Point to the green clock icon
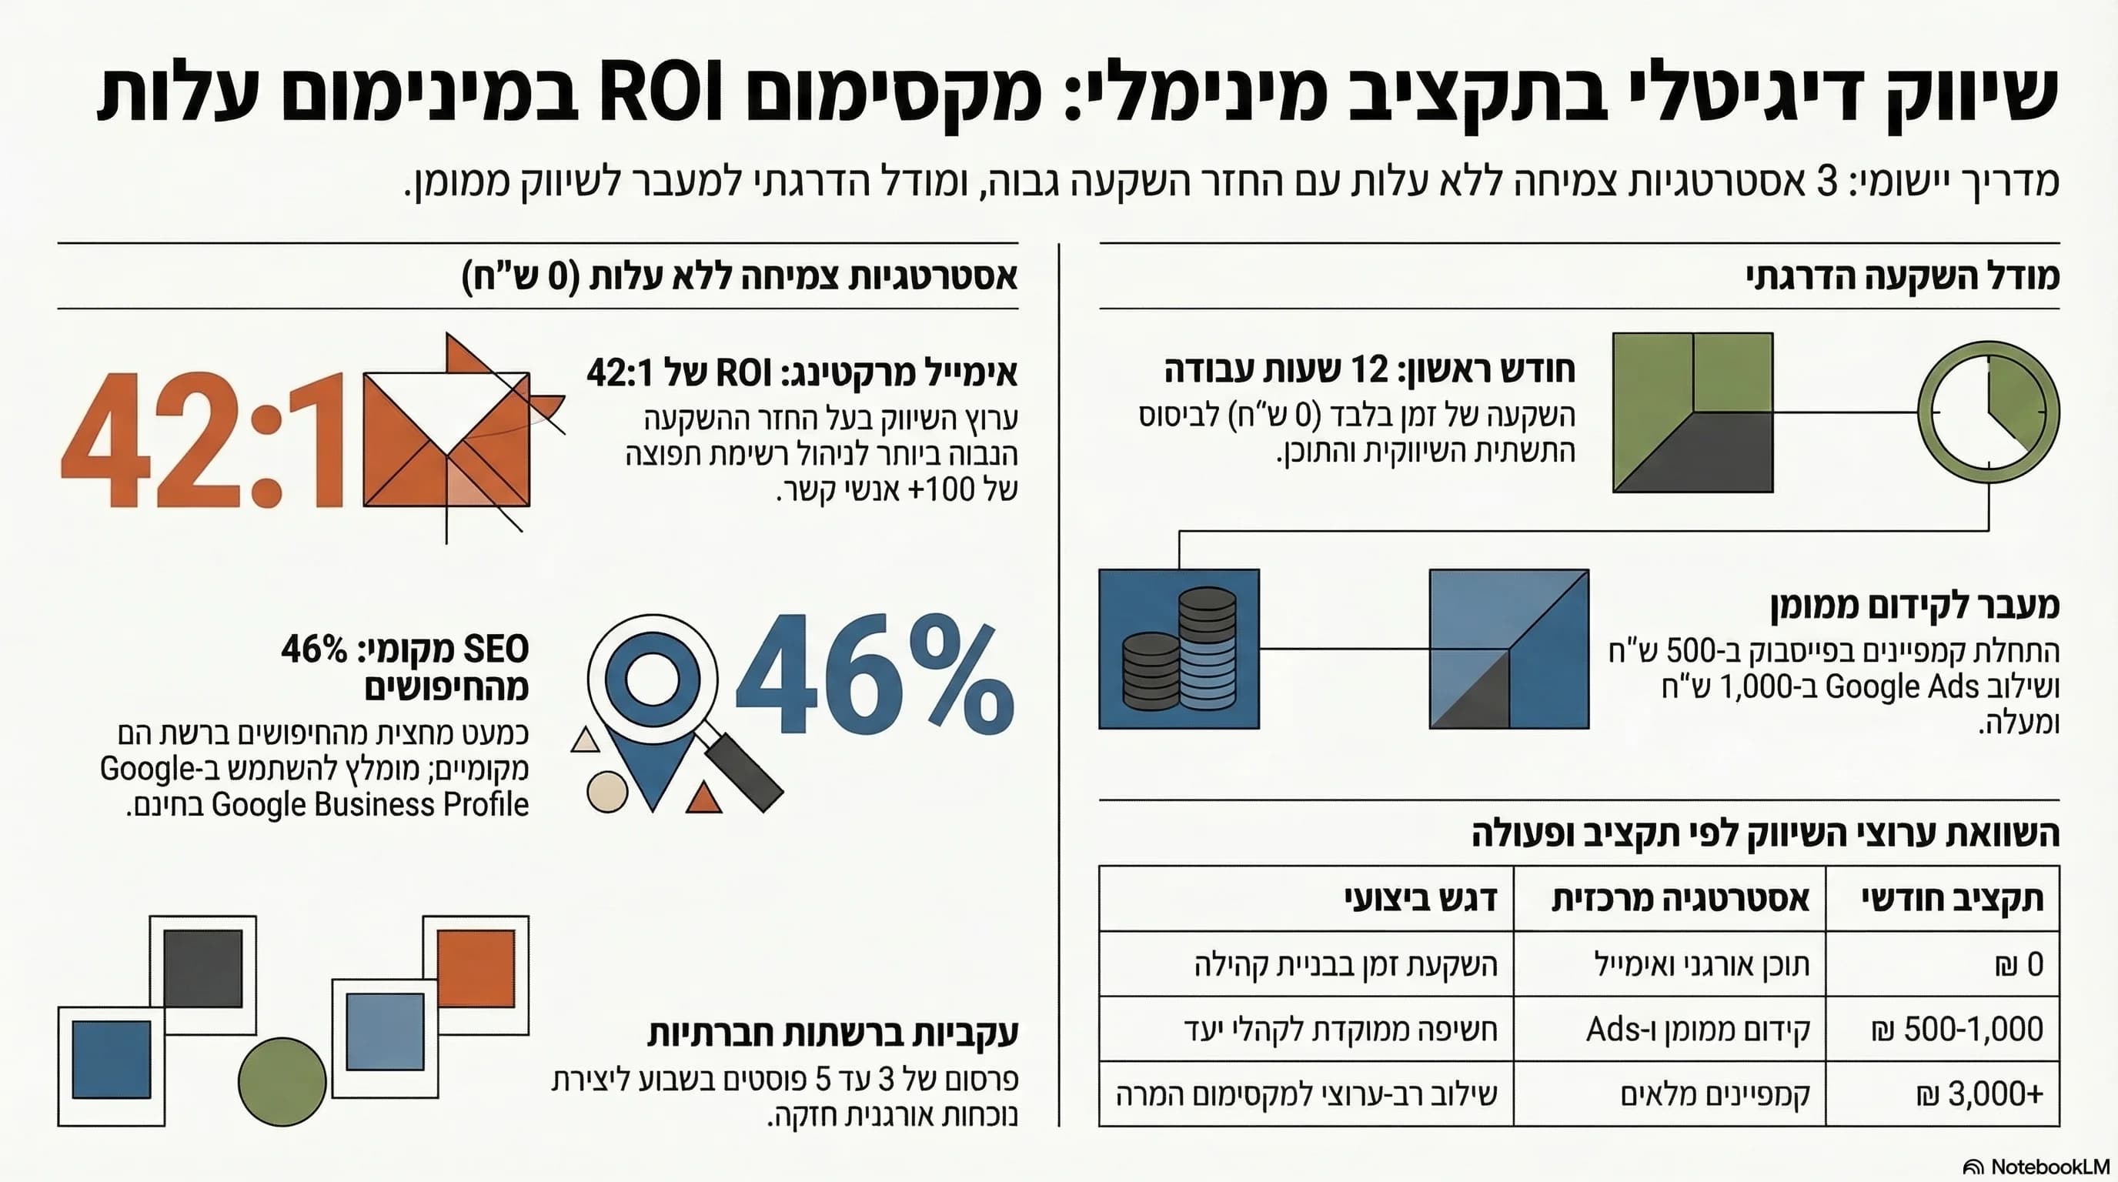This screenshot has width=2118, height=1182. click(1988, 411)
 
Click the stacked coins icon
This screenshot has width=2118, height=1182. click(1179, 649)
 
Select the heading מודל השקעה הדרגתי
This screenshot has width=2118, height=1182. click(1903, 276)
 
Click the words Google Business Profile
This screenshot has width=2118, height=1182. click(370, 804)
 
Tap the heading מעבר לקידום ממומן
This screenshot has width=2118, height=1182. click(1915, 606)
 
